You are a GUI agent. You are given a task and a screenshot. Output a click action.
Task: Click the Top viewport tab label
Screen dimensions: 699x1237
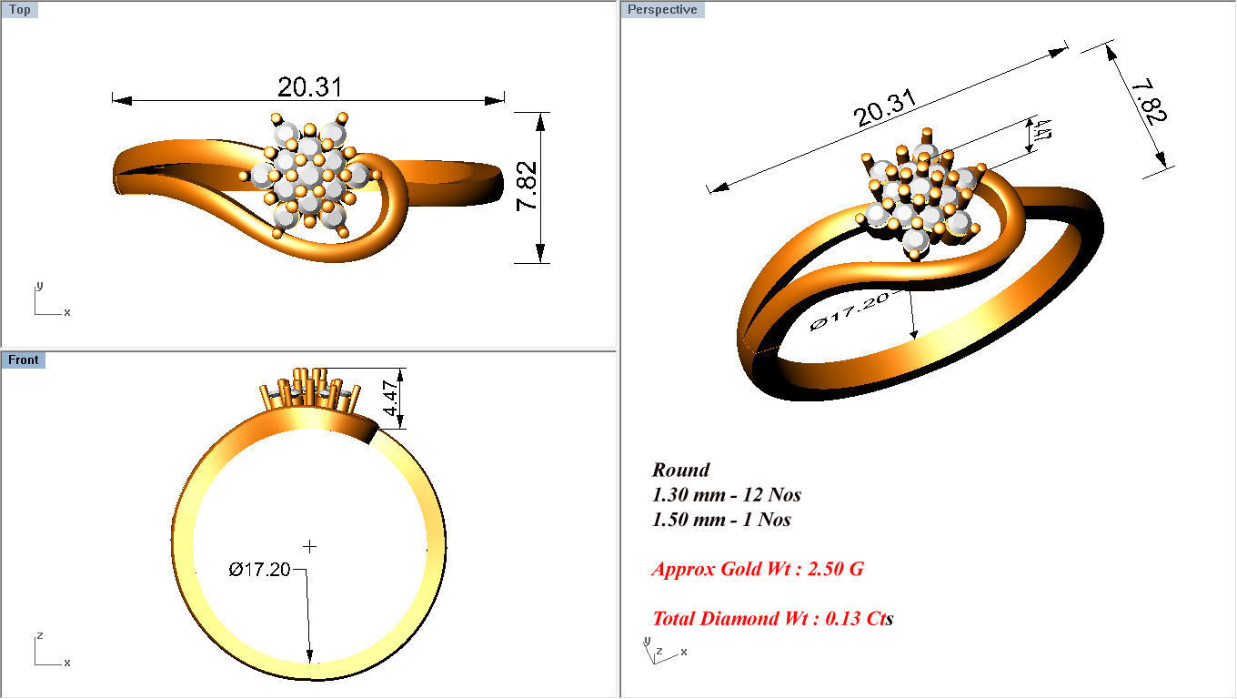tap(19, 10)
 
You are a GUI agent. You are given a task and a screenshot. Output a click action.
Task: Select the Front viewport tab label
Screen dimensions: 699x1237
tap(24, 360)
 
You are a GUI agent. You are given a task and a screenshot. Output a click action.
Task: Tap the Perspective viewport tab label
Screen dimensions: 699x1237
tap(663, 10)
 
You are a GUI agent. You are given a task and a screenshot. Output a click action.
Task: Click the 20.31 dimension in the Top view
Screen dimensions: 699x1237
tap(309, 87)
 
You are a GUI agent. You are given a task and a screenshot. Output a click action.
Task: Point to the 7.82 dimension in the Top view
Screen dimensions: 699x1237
tap(527, 187)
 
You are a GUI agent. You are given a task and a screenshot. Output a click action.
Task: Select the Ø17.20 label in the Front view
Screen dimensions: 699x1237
tap(260, 570)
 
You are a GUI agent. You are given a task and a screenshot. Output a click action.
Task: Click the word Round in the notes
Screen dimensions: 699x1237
tap(680, 471)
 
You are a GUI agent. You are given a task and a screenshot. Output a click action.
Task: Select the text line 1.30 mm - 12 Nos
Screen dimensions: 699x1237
tap(726, 495)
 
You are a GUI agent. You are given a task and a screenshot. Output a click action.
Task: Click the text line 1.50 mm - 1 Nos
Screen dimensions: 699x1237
tap(721, 520)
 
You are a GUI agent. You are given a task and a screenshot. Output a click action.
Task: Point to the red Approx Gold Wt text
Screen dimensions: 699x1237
tap(757, 570)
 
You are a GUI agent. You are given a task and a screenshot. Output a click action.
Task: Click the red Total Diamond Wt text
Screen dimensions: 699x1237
tap(772, 619)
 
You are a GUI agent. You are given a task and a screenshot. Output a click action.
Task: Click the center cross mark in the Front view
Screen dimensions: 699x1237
tap(310, 546)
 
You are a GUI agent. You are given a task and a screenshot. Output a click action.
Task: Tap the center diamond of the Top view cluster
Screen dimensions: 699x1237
tap(309, 174)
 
